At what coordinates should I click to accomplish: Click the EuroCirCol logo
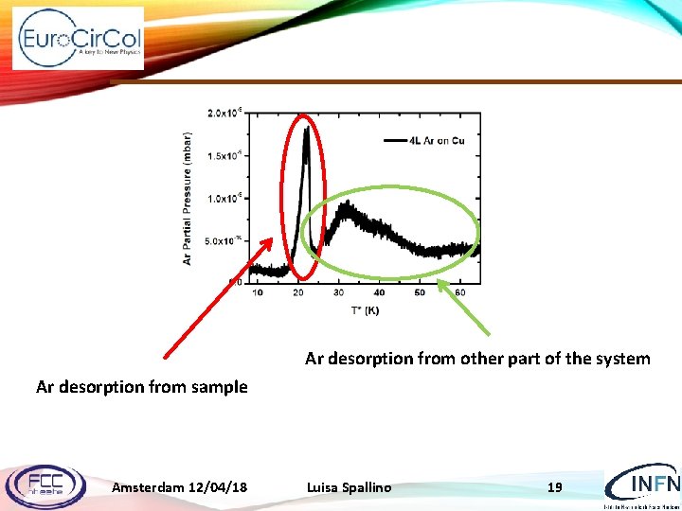click(79, 39)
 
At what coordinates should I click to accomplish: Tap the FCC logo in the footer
click(45, 485)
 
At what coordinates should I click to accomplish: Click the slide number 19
click(555, 487)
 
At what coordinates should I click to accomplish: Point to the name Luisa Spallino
click(349, 487)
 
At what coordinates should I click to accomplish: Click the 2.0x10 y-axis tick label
click(224, 113)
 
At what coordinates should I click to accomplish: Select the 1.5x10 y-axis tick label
click(224, 155)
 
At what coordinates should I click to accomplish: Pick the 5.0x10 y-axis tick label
click(224, 240)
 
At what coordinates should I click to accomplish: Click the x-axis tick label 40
click(380, 292)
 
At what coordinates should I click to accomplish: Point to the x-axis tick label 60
click(460, 292)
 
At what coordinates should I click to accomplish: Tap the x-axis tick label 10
click(259, 292)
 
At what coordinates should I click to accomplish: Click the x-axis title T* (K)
click(365, 309)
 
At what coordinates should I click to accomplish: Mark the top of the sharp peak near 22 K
click(306, 129)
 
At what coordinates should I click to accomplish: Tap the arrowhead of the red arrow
click(277, 237)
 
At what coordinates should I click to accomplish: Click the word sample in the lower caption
click(220, 386)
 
